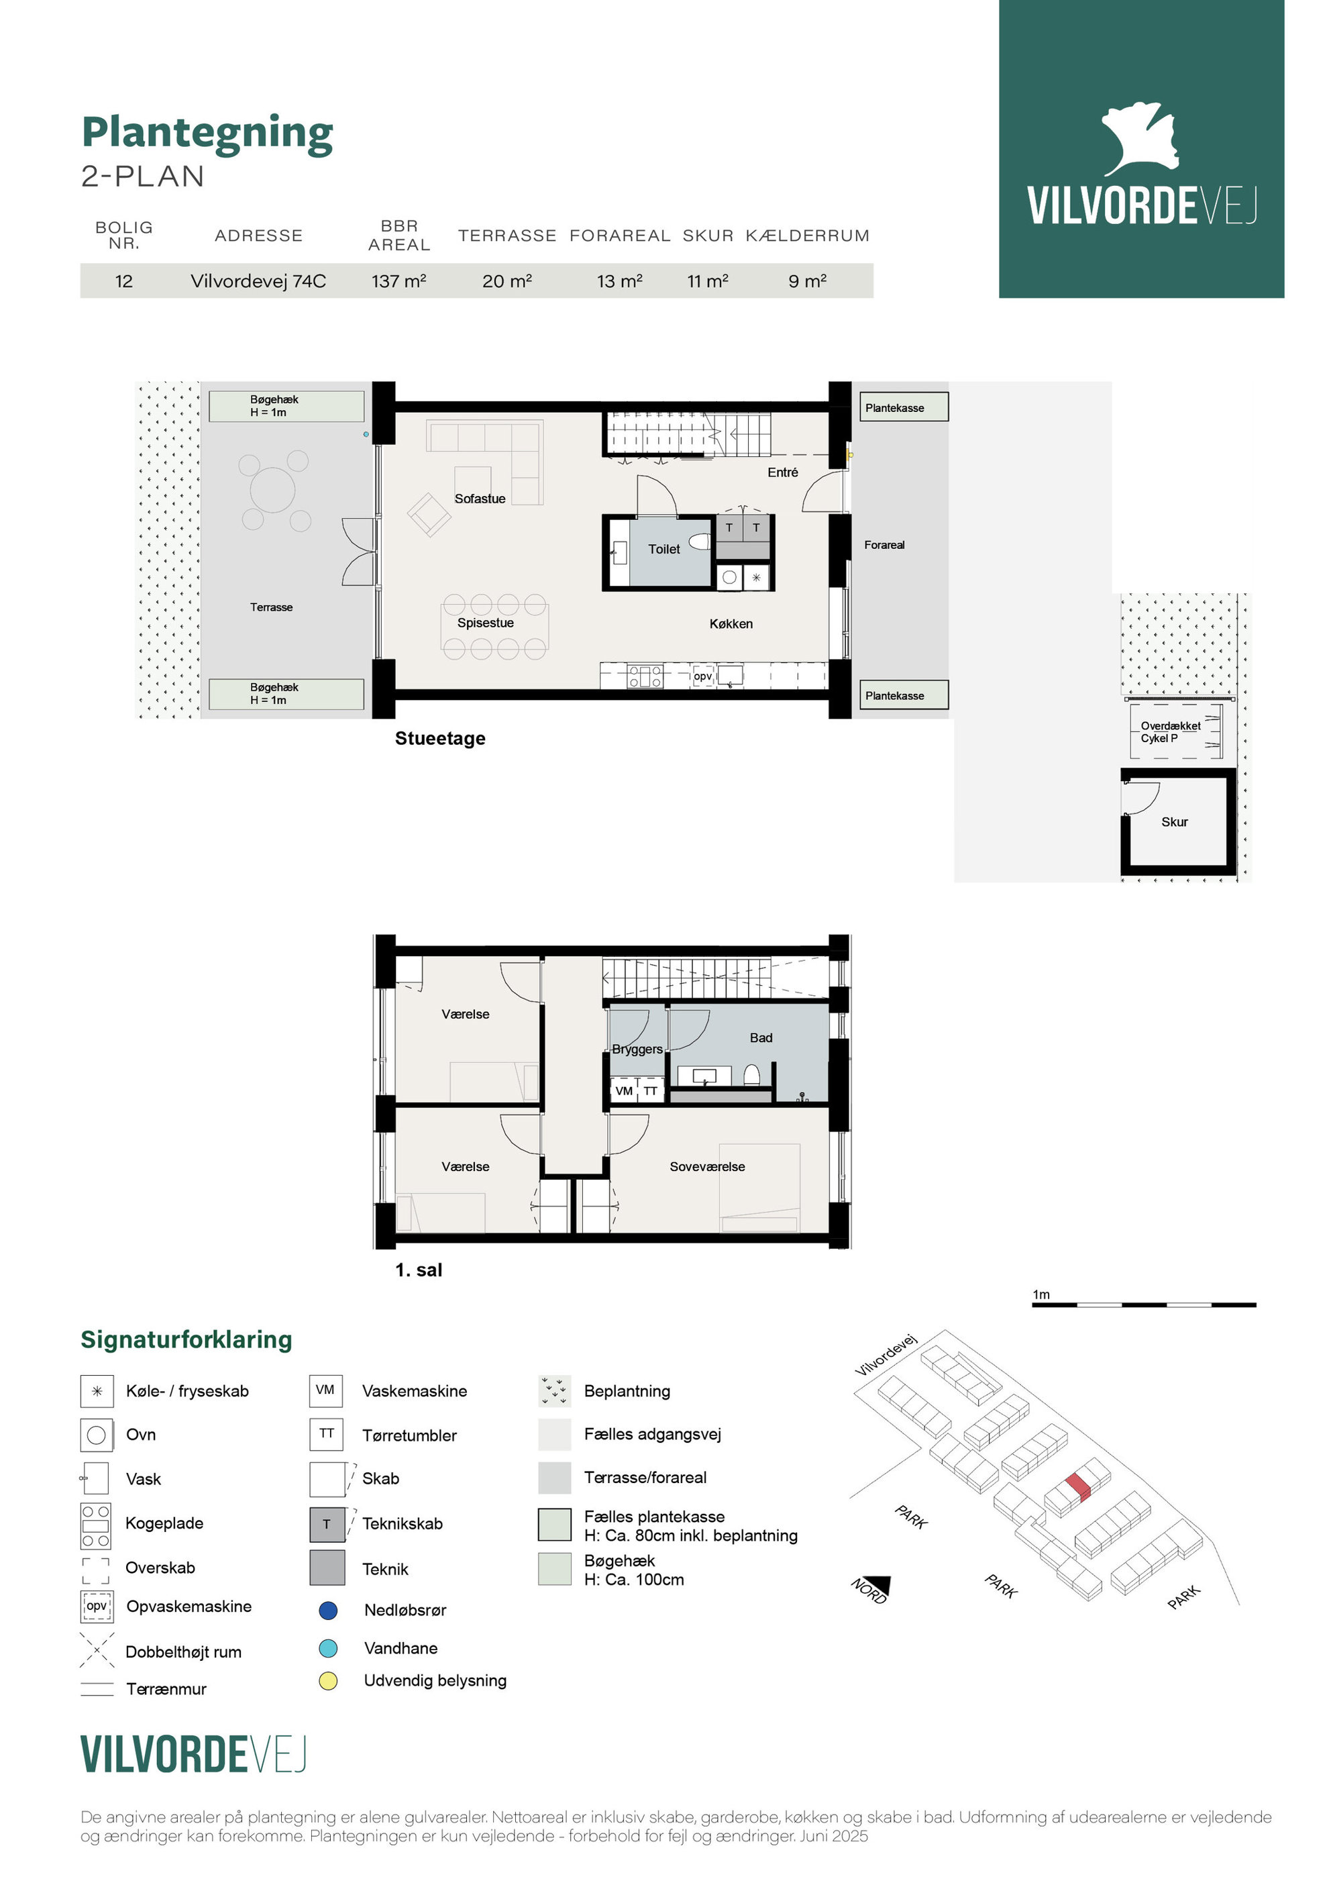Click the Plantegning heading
click(207, 134)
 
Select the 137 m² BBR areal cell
click(398, 281)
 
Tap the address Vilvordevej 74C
click(258, 281)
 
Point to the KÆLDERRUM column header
click(807, 236)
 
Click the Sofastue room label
click(480, 499)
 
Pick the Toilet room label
click(663, 550)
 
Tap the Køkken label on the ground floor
click(731, 624)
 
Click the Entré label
click(782, 472)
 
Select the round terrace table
click(272, 490)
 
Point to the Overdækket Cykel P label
click(1170, 732)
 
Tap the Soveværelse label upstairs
click(707, 1166)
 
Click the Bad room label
click(760, 1037)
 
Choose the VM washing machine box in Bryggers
click(624, 1090)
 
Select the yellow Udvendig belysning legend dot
click(328, 1680)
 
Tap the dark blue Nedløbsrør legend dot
click(328, 1610)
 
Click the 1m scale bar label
click(1041, 1294)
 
